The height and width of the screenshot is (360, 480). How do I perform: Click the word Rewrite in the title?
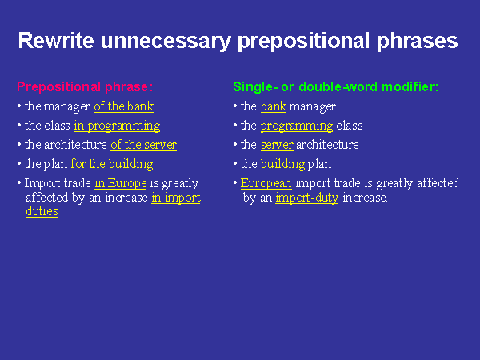tap(56, 41)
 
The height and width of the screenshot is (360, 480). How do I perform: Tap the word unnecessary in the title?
tap(166, 42)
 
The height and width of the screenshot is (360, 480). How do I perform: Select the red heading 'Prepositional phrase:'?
tap(85, 87)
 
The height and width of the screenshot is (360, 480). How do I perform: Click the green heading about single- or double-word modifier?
tap(335, 87)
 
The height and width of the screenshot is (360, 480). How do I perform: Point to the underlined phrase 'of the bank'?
tap(124, 106)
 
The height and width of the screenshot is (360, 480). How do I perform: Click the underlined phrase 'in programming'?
tap(117, 126)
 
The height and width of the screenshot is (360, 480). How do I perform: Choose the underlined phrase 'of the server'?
tap(143, 145)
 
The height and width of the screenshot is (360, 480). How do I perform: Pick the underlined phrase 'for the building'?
tap(112, 164)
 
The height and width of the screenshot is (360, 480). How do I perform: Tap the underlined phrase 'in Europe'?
tap(121, 183)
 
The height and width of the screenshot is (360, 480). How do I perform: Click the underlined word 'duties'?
tap(42, 211)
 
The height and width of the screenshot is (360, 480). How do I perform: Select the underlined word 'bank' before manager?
tap(274, 106)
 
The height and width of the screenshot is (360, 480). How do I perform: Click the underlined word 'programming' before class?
tap(297, 126)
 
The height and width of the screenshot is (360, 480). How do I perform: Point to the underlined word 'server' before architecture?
tap(277, 145)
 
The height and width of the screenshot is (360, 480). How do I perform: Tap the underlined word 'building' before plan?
tap(283, 164)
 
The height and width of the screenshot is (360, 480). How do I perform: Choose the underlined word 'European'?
tap(266, 183)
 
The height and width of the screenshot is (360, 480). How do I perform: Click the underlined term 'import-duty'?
tap(306, 198)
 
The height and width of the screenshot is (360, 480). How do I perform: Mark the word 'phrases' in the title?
tap(418, 42)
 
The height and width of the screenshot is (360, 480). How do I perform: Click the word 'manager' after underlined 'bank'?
tap(313, 106)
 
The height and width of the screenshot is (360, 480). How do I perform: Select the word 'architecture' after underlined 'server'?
tap(327, 145)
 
